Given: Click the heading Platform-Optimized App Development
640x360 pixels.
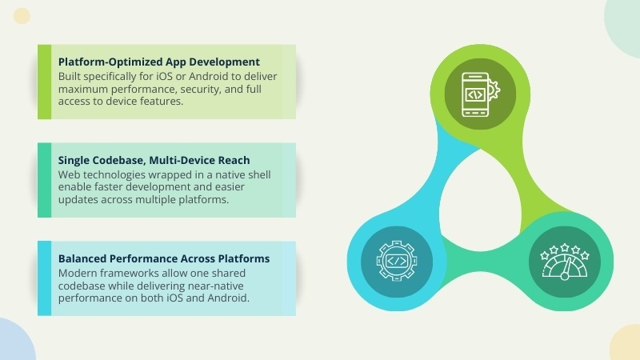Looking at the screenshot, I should (159, 61).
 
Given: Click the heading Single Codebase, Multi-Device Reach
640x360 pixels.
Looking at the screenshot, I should (154, 160).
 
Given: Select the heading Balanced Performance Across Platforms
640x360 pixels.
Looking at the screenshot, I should (163, 259).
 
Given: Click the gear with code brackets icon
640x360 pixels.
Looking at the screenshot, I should (397, 261).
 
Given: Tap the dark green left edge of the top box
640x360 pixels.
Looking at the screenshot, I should (44, 82).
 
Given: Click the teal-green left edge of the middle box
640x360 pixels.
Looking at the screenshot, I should (44, 180).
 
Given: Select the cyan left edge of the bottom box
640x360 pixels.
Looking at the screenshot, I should (44, 278).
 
